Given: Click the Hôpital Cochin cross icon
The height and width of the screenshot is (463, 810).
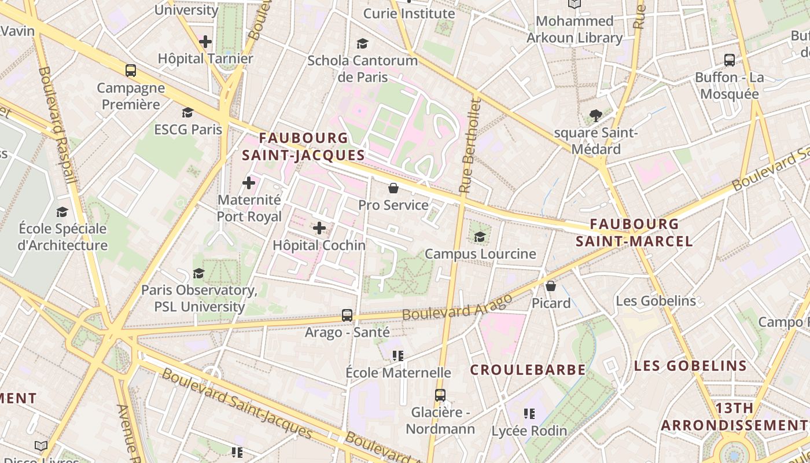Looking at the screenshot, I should (319, 228).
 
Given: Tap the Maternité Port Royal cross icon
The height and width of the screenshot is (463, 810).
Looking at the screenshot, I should (249, 183).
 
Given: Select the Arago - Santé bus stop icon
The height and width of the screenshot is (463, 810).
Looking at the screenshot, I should (347, 315).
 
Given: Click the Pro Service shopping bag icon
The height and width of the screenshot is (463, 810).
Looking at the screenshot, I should (393, 188).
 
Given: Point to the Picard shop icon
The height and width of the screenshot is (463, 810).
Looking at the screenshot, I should (551, 286).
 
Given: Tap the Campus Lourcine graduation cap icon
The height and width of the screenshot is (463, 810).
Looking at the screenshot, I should (480, 237).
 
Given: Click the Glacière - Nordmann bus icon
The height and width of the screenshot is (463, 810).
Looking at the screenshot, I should (440, 395).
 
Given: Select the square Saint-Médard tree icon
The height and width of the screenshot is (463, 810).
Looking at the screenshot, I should (595, 116).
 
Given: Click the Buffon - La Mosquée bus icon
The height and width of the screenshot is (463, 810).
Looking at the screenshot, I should (730, 60).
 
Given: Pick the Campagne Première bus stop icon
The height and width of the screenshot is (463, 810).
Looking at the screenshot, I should (131, 71).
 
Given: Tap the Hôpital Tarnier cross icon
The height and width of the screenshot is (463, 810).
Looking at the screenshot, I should (205, 42).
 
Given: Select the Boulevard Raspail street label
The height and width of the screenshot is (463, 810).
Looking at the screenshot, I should (58, 124).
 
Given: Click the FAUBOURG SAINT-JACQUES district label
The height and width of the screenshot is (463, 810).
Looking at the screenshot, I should (304, 146).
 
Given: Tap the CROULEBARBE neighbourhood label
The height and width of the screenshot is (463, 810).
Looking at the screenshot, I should (528, 370).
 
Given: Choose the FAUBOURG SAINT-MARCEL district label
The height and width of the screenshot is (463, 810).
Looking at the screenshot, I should (635, 233).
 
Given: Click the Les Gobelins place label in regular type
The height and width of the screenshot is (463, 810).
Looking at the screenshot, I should (656, 301).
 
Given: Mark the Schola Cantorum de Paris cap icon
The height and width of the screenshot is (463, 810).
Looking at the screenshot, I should (363, 44).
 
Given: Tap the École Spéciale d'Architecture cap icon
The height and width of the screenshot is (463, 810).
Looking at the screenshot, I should (62, 212).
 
